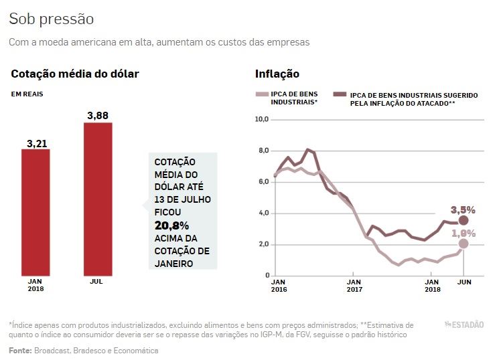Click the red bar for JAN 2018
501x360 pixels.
(x=35, y=211)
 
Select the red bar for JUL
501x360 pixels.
(x=98, y=199)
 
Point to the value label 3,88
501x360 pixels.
(x=98, y=116)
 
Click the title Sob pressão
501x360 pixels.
(x=52, y=19)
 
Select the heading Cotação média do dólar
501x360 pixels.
(x=74, y=74)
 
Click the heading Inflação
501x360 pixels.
(x=277, y=74)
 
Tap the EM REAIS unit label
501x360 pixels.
(x=27, y=94)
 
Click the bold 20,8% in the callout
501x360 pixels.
(x=172, y=225)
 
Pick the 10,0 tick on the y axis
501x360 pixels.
(x=261, y=119)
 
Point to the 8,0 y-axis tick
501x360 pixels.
(x=262, y=151)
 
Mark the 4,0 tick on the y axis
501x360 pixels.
(x=262, y=213)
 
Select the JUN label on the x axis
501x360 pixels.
(x=463, y=282)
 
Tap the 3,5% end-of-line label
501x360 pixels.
(x=463, y=209)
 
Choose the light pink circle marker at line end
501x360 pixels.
(x=463, y=244)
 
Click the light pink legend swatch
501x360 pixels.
(x=263, y=95)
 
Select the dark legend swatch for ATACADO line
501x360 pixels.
(x=341, y=95)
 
